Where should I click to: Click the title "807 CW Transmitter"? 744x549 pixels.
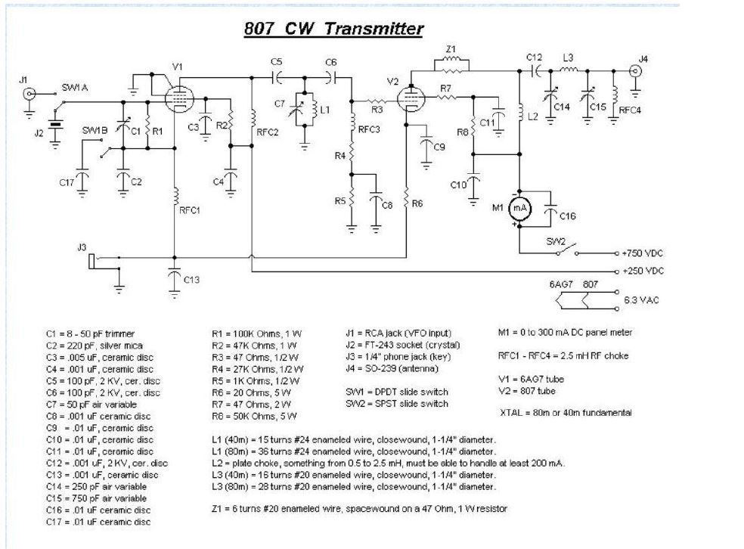coord(333,29)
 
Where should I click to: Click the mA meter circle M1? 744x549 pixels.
coord(520,208)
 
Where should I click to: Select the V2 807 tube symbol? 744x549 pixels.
coord(411,98)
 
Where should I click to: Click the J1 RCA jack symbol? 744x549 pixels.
coord(29,94)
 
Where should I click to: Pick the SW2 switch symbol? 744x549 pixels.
coord(567,250)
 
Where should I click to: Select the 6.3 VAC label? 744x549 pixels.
coord(641,300)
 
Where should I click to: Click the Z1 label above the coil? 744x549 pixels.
coord(451,49)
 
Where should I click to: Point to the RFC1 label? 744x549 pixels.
coord(189,210)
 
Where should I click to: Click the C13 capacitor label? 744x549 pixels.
coord(192,280)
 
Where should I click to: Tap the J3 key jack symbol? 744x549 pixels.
coord(93,261)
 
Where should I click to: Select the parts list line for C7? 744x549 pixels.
coord(91,405)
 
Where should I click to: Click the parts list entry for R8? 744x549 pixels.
coord(254,416)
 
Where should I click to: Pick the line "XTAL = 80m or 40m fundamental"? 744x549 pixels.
coord(566,412)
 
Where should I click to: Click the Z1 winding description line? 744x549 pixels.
coord(359,509)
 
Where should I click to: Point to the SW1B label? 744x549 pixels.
coord(95,130)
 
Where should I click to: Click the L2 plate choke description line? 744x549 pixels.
coord(388,463)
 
